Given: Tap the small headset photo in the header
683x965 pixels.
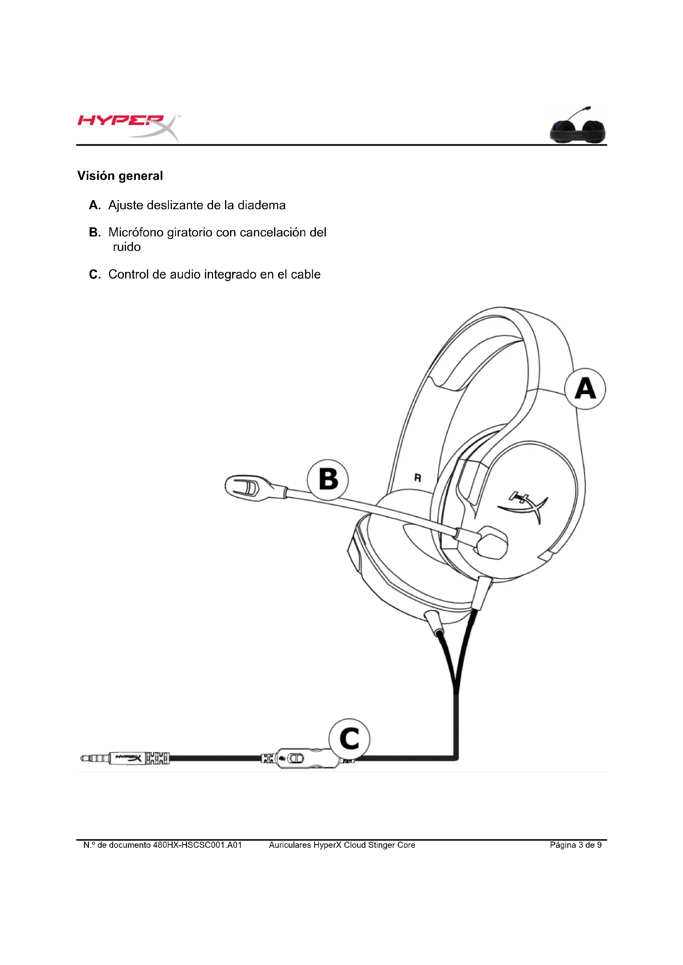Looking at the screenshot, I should tap(578, 126).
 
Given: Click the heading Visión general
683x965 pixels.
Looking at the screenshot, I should tap(120, 176).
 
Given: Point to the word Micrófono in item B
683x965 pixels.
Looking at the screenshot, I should tap(136, 232).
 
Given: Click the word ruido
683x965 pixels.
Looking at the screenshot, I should tap(127, 247).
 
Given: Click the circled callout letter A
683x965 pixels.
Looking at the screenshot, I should tap(585, 389).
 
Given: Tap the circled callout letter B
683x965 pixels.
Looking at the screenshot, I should tap(327, 479).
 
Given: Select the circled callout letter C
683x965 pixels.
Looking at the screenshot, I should tap(349, 739).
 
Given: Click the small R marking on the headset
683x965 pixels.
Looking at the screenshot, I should tap(417, 478).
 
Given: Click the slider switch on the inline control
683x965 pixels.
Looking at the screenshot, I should tap(296, 759).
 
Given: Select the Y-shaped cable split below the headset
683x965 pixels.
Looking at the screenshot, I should tap(456, 689).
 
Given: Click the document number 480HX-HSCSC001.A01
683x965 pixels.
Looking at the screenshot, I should tap(197, 845).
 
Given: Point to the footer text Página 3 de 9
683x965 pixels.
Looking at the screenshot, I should tap(575, 845).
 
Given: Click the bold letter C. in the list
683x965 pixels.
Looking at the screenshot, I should tap(95, 274).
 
